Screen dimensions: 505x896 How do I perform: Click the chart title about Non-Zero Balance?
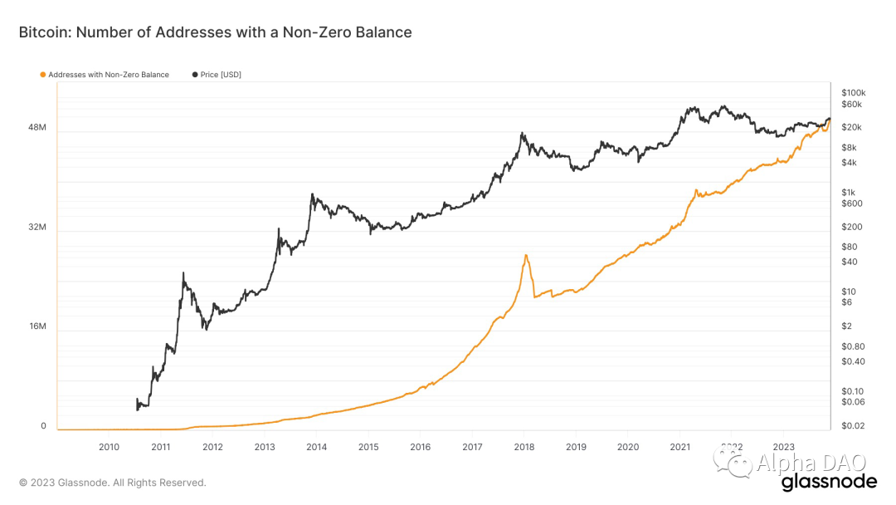click(215, 32)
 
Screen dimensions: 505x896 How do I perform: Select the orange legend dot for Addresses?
click(42, 75)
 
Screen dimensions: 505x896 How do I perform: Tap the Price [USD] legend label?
click(221, 75)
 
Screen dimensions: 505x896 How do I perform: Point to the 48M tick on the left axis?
click(37, 128)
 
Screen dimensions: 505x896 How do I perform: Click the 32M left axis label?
click(37, 227)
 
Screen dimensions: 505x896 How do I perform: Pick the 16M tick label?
click(37, 326)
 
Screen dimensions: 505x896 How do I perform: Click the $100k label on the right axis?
click(853, 92)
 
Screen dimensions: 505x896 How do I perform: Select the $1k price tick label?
click(848, 192)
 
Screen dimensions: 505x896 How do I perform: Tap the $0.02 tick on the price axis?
click(851, 426)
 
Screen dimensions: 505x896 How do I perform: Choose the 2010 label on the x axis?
click(109, 446)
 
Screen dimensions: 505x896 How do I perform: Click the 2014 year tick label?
click(316, 446)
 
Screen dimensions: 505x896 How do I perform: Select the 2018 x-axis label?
click(523, 446)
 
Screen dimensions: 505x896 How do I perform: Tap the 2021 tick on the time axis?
click(679, 446)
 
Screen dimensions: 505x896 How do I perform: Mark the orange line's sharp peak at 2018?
click(525, 255)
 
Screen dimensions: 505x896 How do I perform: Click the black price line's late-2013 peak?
click(312, 194)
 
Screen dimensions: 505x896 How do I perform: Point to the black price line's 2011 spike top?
click(183, 272)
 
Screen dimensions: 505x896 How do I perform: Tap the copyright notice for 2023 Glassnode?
click(113, 483)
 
